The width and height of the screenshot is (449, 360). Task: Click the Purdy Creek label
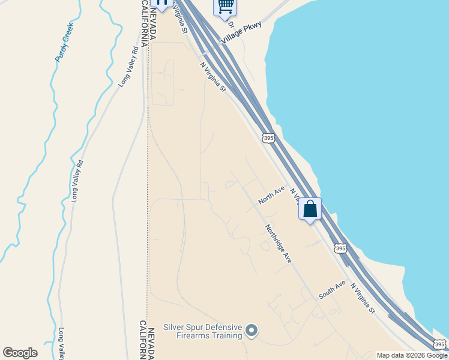(64, 42)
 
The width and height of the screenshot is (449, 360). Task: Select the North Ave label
(271, 196)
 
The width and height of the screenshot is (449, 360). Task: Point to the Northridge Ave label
(279, 244)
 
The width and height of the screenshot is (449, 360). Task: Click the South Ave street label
(332, 290)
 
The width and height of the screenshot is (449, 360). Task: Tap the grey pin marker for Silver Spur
(252, 330)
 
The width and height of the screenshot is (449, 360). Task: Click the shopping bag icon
(310, 209)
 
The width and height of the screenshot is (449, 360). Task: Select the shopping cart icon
(225, 6)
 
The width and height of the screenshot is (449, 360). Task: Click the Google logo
(20, 353)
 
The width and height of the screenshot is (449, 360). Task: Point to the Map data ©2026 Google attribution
(412, 355)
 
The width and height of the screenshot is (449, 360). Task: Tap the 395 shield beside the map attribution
(440, 344)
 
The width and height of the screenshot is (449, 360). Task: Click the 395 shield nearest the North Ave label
(268, 138)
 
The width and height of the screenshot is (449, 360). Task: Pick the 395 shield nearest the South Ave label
(340, 248)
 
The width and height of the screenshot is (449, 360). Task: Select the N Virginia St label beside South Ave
(363, 299)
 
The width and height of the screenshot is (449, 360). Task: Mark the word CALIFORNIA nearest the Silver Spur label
(143, 340)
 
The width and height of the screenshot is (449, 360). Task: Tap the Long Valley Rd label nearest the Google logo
(62, 343)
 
